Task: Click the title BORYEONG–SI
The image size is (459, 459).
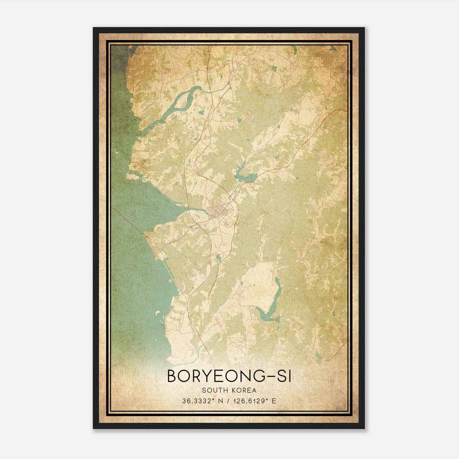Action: (x=229, y=376)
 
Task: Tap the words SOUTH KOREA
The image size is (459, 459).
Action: (x=229, y=390)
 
